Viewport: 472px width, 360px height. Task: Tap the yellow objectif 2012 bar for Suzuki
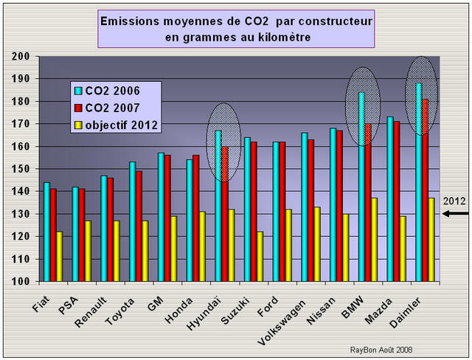point(260,256)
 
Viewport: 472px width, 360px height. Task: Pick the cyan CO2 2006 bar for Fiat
point(46,232)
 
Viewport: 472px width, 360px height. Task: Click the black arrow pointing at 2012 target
point(454,214)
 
